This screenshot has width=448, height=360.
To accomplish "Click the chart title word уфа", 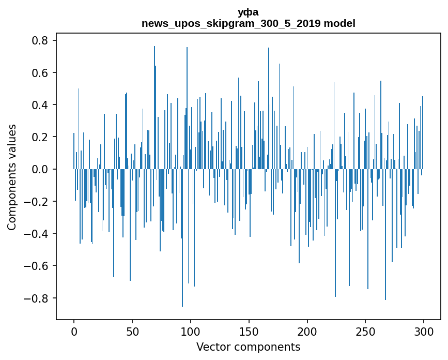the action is pyautogui.click(x=248, y=12).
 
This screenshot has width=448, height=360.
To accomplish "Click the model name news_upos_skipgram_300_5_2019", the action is pyautogui.click(x=231, y=23).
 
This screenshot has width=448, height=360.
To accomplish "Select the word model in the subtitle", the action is pyautogui.click(x=339, y=23).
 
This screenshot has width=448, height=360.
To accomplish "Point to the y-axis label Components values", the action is pyautogui.click(x=12, y=177).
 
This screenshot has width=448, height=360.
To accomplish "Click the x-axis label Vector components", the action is pyautogui.click(x=248, y=347).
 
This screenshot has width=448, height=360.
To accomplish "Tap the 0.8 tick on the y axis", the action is pyautogui.click(x=39, y=40).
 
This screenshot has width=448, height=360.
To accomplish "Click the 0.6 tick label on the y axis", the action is pyautogui.click(x=39, y=72).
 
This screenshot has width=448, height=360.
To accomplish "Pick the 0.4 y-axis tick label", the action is pyautogui.click(x=39, y=104).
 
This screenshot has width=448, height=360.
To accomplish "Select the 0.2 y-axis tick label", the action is pyautogui.click(x=39, y=137).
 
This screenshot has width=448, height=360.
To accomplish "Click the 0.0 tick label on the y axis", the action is pyautogui.click(x=39, y=169).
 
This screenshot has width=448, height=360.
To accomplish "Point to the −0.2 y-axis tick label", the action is pyautogui.click(x=36, y=202).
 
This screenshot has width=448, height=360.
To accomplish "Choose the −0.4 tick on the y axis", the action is pyautogui.click(x=36, y=234).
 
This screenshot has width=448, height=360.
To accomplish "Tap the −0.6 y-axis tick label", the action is pyautogui.click(x=36, y=266).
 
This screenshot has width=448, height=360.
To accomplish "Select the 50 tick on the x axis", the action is pyautogui.click(x=132, y=332).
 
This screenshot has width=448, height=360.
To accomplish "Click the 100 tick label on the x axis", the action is pyautogui.click(x=191, y=332).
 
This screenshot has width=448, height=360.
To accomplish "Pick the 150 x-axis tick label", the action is pyautogui.click(x=249, y=332).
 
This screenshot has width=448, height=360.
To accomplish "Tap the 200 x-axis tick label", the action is pyautogui.click(x=307, y=332).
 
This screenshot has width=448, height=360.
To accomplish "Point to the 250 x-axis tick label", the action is pyautogui.click(x=365, y=332).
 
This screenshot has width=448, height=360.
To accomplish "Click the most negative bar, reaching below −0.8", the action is pyautogui.click(x=182, y=238).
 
